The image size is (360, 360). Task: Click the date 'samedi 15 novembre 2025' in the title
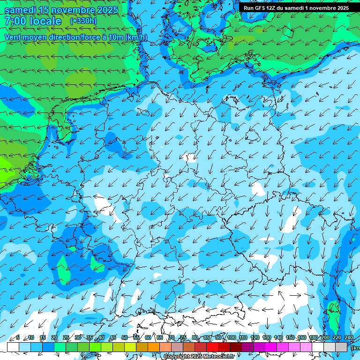pos(61,10)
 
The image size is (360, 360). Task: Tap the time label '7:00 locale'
pos(33,21)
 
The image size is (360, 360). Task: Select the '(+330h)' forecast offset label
pos(83,21)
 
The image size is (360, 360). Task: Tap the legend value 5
pos(18,337)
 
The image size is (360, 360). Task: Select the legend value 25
pos(66,337)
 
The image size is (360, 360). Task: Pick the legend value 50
pos(124,337)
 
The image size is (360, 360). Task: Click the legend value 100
pos(231,337)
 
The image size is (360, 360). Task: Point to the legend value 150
pos(290,337)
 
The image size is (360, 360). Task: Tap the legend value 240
pos(348,337)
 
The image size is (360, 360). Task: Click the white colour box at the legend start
pos(13,347)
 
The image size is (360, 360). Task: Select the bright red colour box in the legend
pos(212,347)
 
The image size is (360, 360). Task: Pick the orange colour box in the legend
pos(154,347)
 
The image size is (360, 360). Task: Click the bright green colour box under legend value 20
pos(60,347)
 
